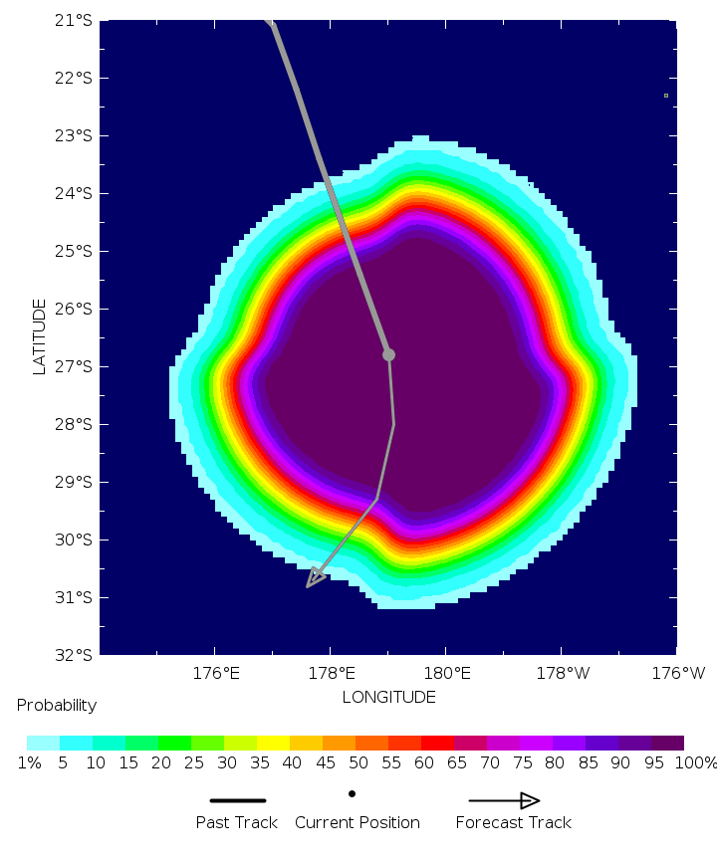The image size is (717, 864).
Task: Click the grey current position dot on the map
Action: (x=388, y=354)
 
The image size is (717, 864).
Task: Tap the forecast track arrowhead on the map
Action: (x=316, y=578)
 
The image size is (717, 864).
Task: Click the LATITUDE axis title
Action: (x=40, y=336)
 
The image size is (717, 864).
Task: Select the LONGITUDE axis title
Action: (x=388, y=697)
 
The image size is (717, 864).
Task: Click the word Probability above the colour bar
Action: (x=57, y=706)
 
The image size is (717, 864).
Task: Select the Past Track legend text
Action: (x=238, y=822)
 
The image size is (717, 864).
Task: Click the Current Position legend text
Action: (x=358, y=822)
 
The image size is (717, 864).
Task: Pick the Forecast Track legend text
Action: (x=514, y=822)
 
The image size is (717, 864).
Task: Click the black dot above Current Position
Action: (x=352, y=793)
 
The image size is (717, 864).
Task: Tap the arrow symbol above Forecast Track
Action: (x=504, y=800)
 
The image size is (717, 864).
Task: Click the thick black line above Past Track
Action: (x=238, y=800)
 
